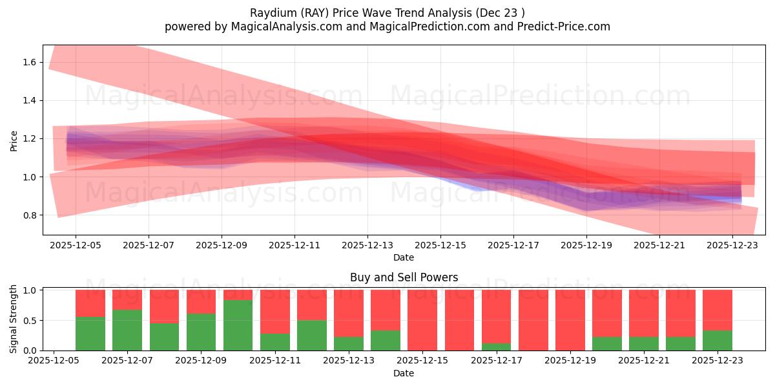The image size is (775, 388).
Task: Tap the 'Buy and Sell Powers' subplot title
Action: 404,277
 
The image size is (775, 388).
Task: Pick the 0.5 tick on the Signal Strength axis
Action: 30,321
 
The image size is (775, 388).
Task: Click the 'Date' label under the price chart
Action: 404,257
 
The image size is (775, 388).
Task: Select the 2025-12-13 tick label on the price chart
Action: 367,245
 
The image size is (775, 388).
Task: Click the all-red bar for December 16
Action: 459,320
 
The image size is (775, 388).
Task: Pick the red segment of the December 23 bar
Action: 718,310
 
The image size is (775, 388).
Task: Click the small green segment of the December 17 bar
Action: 496,347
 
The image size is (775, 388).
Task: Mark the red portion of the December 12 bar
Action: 311,305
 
